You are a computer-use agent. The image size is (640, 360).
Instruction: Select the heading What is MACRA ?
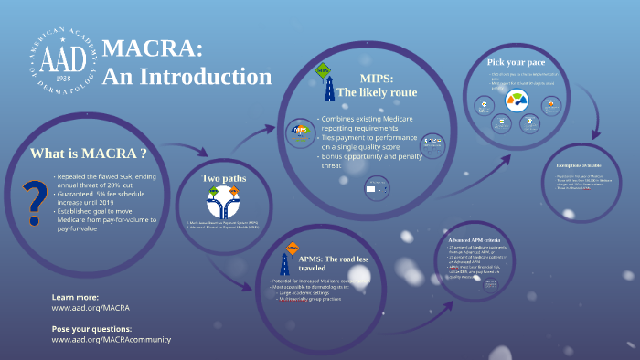pyautogui.click(x=89, y=153)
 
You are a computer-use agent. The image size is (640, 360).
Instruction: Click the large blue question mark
pyautogui.click(x=34, y=201)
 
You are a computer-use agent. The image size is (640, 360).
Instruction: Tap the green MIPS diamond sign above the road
pyautogui.click(x=322, y=69)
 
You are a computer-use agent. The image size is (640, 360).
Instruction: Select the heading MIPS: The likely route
pyautogui.click(x=376, y=85)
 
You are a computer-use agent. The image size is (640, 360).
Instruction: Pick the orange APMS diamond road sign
pyautogui.click(x=293, y=248)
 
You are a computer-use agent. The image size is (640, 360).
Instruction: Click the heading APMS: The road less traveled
pyautogui.click(x=334, y=264)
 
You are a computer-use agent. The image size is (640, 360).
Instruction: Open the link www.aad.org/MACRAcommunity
pyautogui.click(x=111, y=339)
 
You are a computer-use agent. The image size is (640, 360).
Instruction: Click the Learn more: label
pyautogui.click(x=75, y=298)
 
